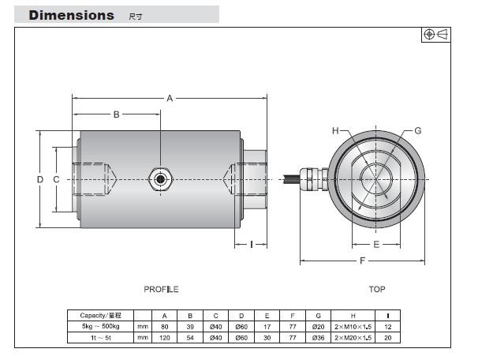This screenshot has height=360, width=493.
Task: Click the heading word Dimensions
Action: [72, 15]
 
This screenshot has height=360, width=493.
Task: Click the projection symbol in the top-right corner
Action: [435, 34]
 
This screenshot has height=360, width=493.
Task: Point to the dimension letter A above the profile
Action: [170, 98]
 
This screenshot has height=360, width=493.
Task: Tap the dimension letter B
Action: [116, 114]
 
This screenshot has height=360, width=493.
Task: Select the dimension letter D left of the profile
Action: [39, 179]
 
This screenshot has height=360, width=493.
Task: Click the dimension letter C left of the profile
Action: [56, 179]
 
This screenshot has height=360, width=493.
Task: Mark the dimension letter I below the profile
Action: [252, 244]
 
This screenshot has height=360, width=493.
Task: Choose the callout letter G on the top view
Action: [418, 131]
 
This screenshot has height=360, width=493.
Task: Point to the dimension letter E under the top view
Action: [376, 244]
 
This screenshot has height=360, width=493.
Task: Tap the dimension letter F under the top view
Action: [362, 261]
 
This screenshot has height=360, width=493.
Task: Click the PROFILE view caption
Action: [161, 290]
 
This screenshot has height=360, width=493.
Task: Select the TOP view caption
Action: [377, 290]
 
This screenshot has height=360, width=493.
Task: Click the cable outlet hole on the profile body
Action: [160, 178]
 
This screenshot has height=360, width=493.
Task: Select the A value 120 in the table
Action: [164, 337]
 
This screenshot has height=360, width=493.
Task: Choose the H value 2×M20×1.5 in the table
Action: [353, 337]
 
